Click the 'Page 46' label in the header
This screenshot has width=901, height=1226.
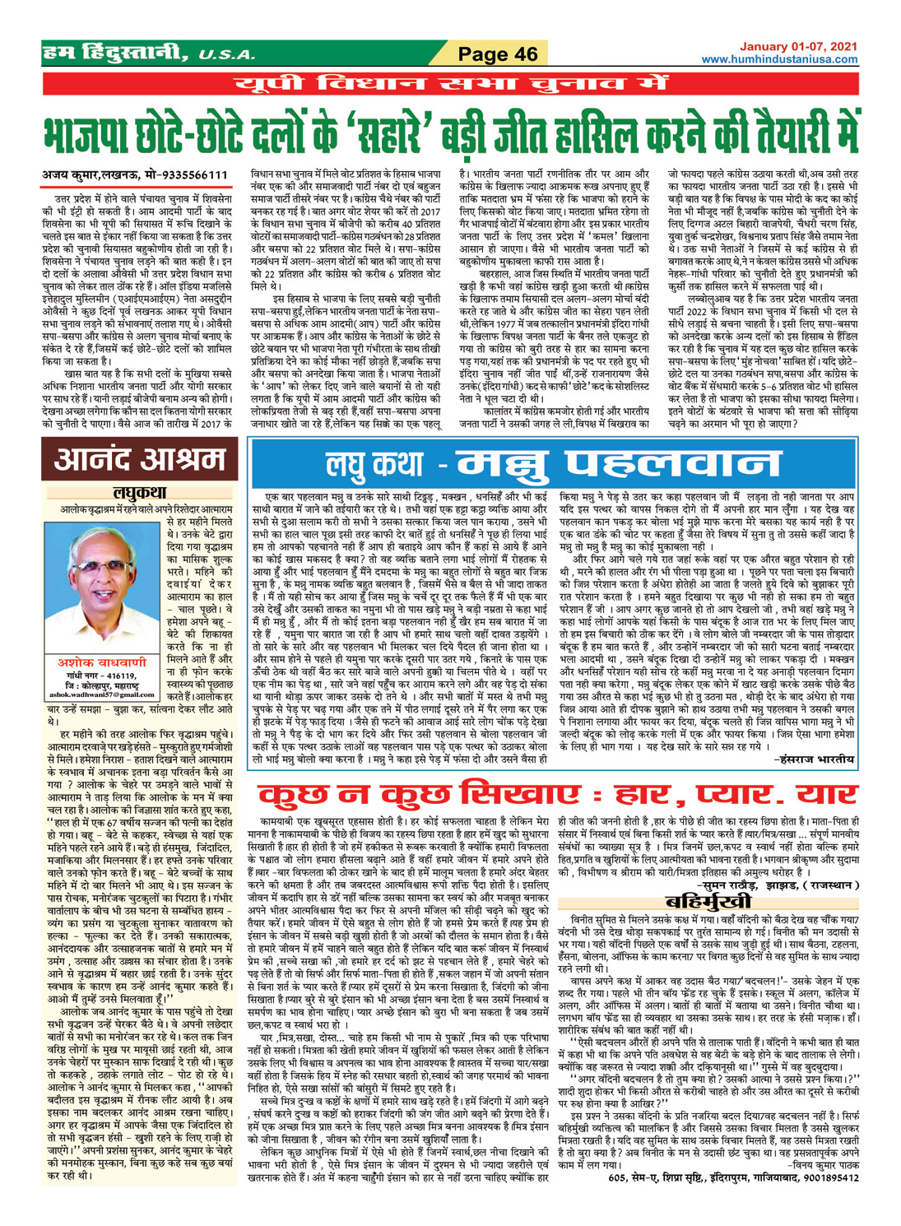497,54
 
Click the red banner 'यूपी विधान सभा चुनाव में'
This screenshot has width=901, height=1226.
450,84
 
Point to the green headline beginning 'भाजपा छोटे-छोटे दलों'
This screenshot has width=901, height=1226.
450,132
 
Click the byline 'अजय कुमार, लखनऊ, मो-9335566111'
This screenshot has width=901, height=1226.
135,175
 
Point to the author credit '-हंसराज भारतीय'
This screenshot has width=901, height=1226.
812,759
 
